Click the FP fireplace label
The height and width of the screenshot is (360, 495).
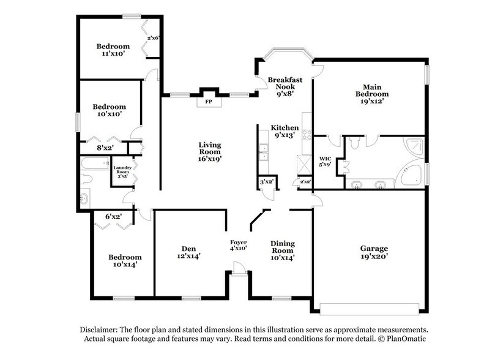click(209, 101)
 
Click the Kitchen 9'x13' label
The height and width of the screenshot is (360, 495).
click(285, 132)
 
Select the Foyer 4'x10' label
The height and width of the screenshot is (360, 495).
click(238, 246)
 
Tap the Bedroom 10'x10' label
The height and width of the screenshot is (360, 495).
click(109, 110)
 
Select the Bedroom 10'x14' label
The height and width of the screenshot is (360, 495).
click(125, 261)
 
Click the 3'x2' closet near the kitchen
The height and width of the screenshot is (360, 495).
click(266, 182)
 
